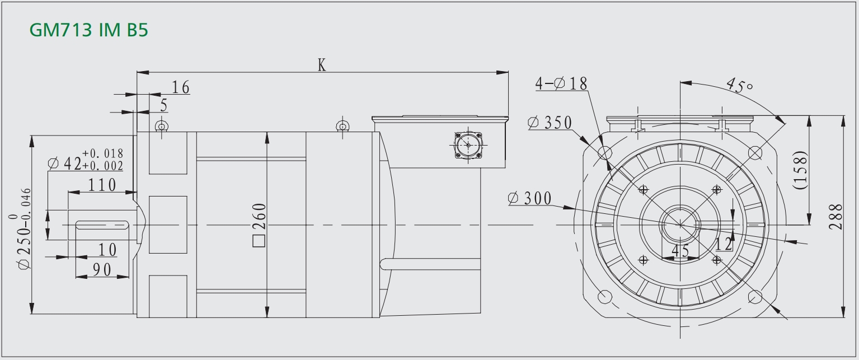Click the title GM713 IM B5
[x=88, y=30]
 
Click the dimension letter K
[x=322, y=65]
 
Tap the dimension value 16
[x=180, y=87]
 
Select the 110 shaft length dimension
[x=102, y=185]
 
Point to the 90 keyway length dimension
[x=102, y=270]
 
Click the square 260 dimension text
[x=259, y=225]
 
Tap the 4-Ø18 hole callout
[x=561, y=83]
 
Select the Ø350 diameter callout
[x=550, y=123]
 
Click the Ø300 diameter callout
[x=530, y=198]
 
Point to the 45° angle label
[x=739, y=86]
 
